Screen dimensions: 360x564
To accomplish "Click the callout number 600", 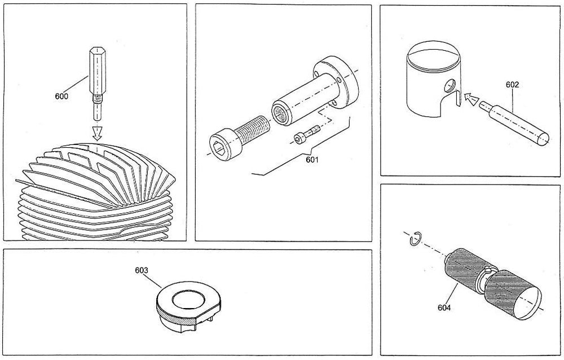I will coord(61,96).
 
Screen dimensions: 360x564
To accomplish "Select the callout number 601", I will coord(312,160).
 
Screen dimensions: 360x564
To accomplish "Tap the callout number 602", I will coord(512,85).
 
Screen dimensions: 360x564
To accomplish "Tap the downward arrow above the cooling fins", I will coord(97,133).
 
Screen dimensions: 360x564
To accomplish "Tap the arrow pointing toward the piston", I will coord(469,100).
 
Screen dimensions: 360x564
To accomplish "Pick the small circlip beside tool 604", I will coord(413,239).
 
